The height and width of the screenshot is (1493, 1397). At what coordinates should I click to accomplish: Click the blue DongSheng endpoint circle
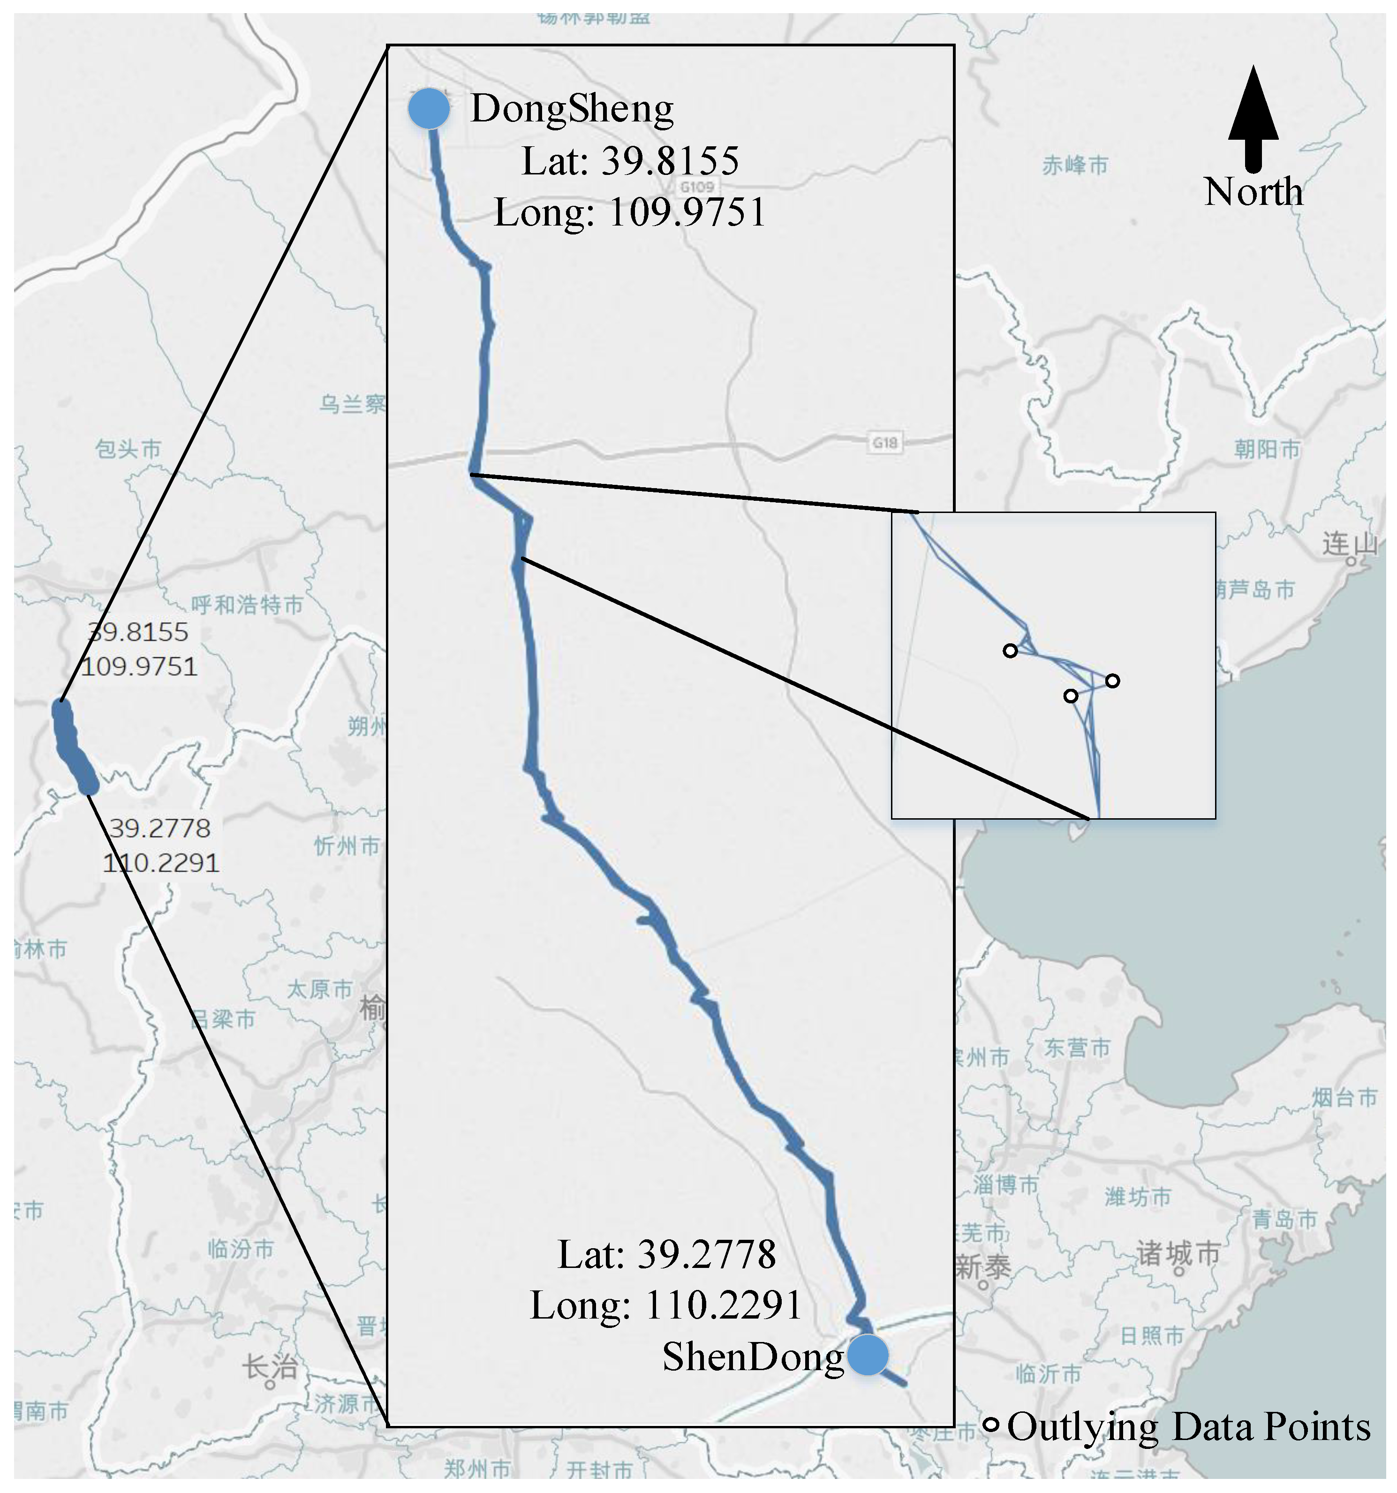[429, 109]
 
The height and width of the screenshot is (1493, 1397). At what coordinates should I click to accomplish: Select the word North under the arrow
[1253, 192]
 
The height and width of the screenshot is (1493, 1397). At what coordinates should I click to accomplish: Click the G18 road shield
[885, 443]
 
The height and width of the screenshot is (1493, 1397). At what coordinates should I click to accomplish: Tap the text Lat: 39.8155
[630, 161]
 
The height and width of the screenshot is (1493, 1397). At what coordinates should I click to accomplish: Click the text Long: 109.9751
[629, 212]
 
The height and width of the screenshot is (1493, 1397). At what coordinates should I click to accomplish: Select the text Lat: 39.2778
[666, 1254]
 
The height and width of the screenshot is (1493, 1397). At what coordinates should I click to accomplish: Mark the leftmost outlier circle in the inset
[1010, 650]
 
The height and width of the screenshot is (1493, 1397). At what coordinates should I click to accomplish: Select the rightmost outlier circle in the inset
[1112, 680]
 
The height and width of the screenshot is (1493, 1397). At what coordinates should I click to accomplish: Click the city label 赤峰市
[1075, 165]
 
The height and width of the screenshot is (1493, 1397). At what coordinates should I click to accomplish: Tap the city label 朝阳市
[1267, 450]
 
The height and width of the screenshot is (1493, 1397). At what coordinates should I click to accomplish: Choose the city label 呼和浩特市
[247, 604]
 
